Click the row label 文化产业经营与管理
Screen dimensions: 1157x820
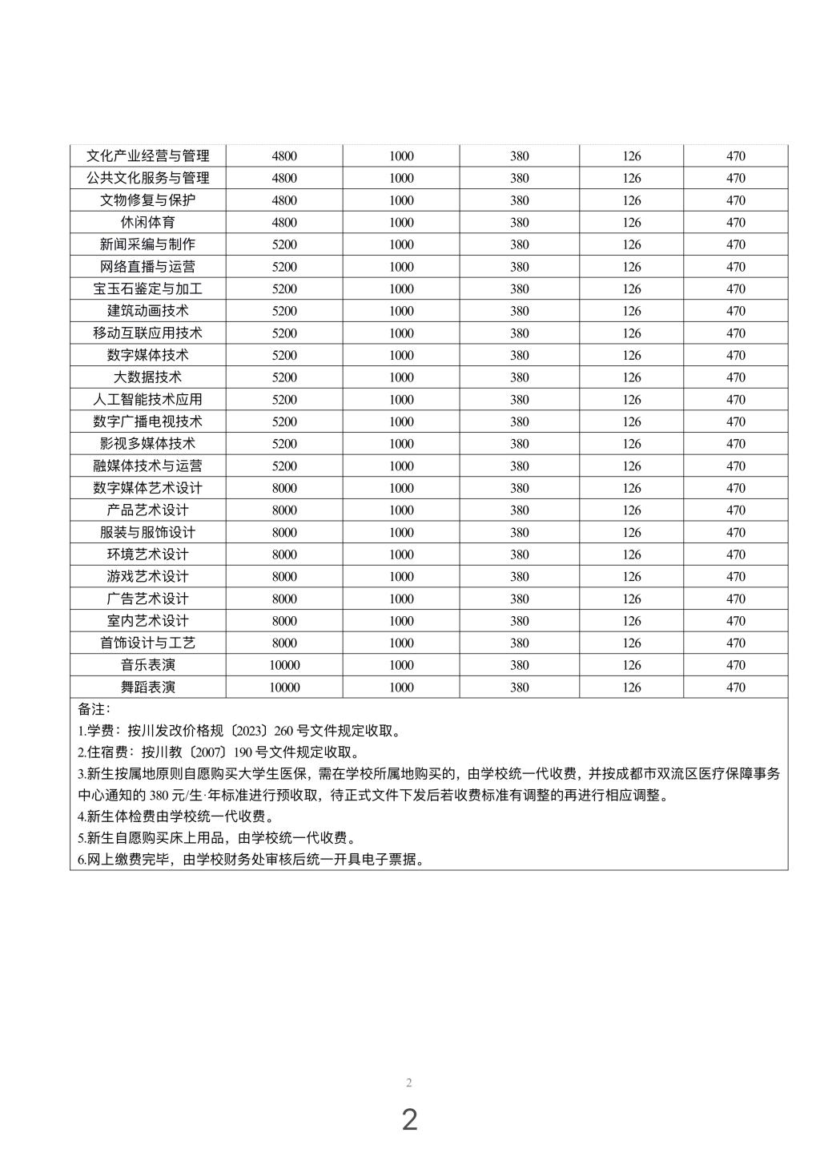click(x=148, y=156)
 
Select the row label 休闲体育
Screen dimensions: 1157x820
click(x=148, y=223)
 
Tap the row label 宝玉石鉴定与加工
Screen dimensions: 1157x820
click(x=148, y=289)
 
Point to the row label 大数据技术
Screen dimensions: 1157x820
click(x=148, y=377)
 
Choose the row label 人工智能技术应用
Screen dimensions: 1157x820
click(x=148, y=400)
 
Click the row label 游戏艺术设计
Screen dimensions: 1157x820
click(x=148, y=577)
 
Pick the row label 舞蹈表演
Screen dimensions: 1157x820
click(x=148, y=687)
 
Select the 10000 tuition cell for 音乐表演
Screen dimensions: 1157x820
click(x=284, y=665)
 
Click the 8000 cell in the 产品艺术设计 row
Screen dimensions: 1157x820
click(x=284, y=510)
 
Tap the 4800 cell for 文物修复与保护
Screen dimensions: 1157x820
click(x=284, y=200)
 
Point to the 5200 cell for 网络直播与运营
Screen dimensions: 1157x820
click(x=284, y=267)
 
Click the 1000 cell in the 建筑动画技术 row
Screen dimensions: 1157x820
click(x=401, y=311)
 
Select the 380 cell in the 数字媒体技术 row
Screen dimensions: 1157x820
click(x=520, y=356)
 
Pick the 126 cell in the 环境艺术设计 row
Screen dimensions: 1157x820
click(x=632, y=554)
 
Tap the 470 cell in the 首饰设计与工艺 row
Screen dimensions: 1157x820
click(x=736, y=643)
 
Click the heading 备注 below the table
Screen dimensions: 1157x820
click(x=94, y=709)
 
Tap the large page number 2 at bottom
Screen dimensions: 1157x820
click(x=409, y=1120)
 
